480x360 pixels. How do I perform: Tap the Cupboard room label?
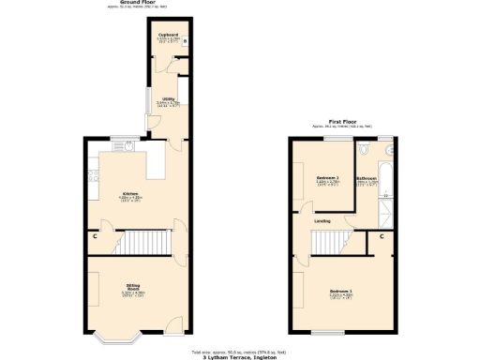point(168,37)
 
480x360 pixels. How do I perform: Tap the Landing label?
point(322,220)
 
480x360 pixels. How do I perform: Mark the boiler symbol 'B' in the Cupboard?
point(186,41)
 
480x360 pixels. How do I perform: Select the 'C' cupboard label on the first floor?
point(382,236)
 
